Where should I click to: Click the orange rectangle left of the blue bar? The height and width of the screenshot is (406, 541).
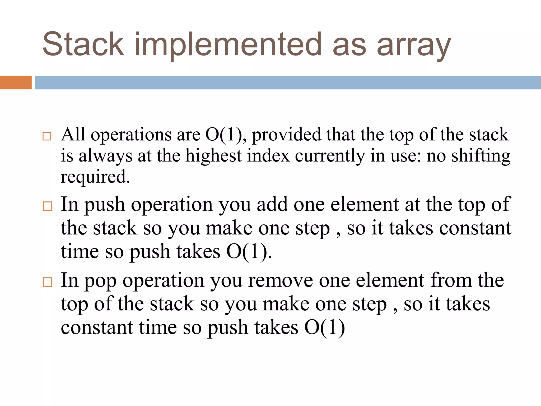tap(16, 82)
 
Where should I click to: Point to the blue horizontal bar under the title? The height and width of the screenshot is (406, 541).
tap(288, 82)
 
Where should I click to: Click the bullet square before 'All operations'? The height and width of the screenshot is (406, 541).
tap(47, 136)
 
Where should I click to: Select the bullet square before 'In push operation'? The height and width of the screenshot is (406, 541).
tap(48, 206)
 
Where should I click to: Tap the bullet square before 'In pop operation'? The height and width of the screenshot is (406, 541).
tap(48, 282)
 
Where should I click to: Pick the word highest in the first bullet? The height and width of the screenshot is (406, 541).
tap(213, 156)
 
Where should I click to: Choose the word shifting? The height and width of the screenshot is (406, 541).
tap(481, 156)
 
